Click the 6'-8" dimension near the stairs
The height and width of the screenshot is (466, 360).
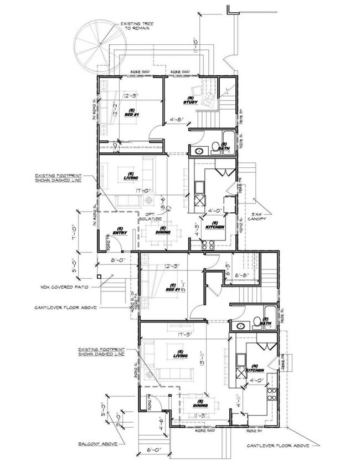tap(244, 274)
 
